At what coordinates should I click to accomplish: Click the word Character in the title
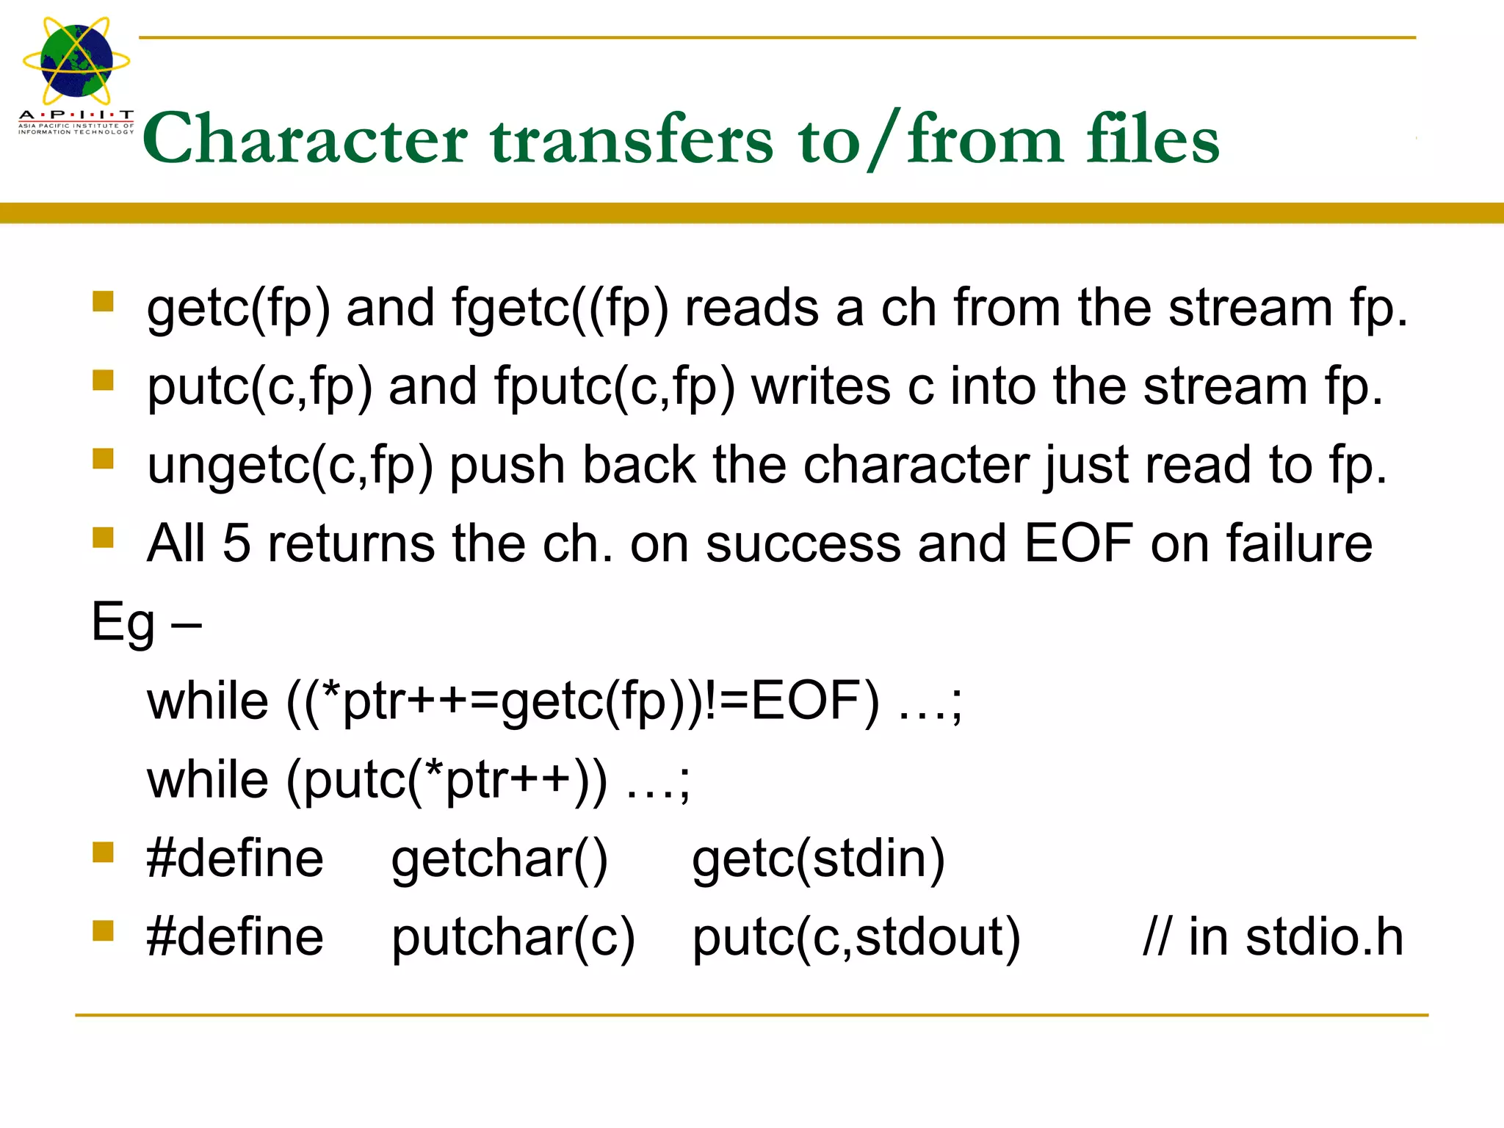click(305, 140)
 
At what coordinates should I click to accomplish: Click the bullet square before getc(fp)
click(103, 301)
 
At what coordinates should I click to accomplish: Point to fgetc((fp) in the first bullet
click(560, 308)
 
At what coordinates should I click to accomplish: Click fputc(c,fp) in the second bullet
click(614, 387)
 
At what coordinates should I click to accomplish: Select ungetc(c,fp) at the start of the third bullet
click(290, 466)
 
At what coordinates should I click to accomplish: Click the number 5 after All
click(236, 543)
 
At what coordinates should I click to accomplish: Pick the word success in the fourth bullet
click(803, 543)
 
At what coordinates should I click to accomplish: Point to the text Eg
click(123, 623)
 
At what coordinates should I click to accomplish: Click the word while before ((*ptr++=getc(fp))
click(208, 701)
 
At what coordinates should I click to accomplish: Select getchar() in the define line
click(499, 859)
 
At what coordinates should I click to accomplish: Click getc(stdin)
click(818, 859)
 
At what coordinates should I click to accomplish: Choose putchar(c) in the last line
click(513, 938)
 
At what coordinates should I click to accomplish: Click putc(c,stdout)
click(856, 938)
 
